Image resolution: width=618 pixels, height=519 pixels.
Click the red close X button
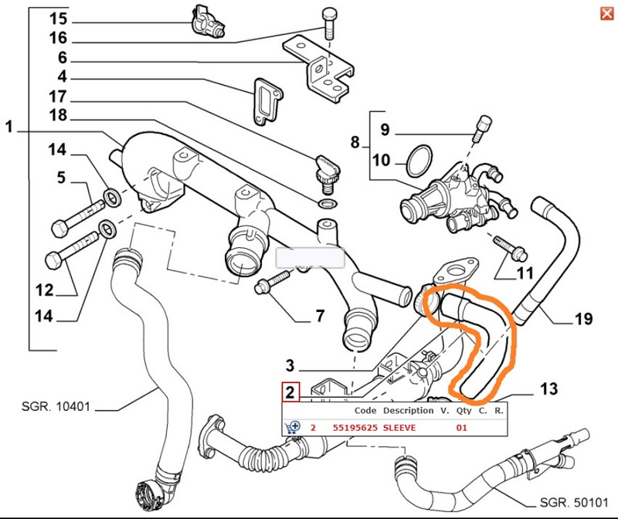tap(607, 14)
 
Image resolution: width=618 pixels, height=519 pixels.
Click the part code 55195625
tap(355, 428)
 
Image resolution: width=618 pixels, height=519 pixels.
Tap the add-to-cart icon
tap(292, 427)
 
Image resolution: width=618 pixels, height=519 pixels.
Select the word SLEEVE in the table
tap(399, 428)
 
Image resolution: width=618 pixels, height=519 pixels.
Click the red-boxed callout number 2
tap(290, 392)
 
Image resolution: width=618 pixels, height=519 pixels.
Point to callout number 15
tap(59, 19)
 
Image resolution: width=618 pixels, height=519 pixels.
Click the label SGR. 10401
tap(56, 406)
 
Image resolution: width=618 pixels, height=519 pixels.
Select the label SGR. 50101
tap(573, 503)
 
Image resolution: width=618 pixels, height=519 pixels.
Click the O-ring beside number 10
tap(419, 161)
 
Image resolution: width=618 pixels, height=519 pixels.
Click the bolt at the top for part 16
tap(329, 24)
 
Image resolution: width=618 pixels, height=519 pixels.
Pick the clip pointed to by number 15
tap(208, 22)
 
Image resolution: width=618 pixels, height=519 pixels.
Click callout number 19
tap(584, 319)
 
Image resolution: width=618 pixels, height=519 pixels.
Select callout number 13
tap(549, 389)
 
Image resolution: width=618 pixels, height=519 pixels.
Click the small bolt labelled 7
tap(273, 281)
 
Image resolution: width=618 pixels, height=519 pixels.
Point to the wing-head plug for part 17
tap(327, 175)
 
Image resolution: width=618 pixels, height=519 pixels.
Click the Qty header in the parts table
tap(463, 411)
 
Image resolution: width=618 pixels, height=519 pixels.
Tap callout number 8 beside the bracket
tap(355, 142)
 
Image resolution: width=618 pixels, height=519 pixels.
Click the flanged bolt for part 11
tap(511, 247)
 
